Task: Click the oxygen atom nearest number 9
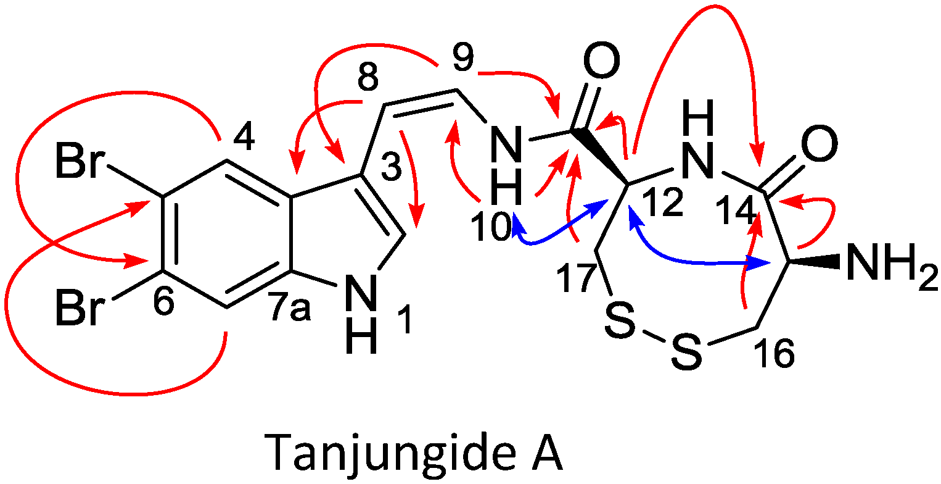click(598, 60)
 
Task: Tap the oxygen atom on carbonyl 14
click(820, 146)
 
